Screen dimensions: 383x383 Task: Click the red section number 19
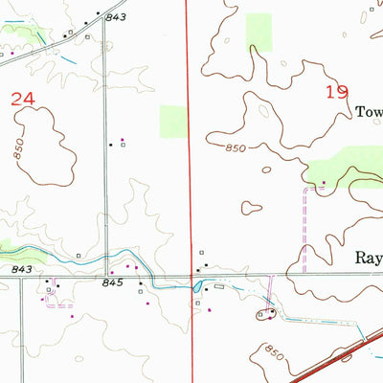coord(337,92)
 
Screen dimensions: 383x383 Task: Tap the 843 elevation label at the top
coord(116,17)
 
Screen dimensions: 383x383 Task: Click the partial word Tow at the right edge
coord(369,111)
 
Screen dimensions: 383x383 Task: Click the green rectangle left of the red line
coord(173,120)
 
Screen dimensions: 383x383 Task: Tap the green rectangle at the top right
coord(259,33)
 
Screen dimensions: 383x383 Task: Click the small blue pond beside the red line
coord(197,285)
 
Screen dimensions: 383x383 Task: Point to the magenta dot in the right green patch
coord(324,182)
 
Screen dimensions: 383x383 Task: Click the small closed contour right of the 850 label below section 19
coord(252,207)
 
